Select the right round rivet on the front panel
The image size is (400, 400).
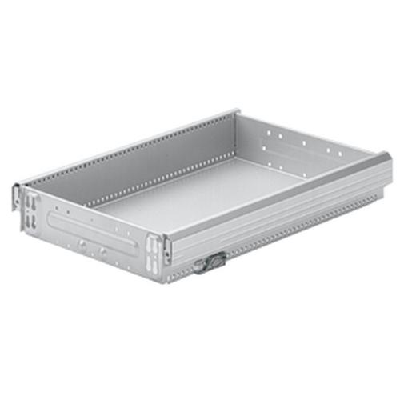tap(103, 250)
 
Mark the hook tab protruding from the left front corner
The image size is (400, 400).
tap(15, 197)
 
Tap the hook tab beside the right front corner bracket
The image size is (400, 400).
tap(166, 249)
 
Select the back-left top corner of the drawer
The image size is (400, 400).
tap(236, 112)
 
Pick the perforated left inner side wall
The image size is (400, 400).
tap(152, 160)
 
